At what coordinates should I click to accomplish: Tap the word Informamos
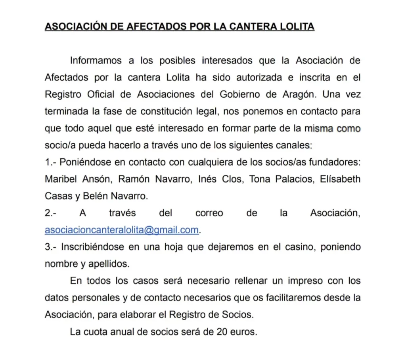coord(96,61)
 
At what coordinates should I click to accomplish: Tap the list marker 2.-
coord(50,213)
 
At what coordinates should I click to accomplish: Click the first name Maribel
coord(60,179)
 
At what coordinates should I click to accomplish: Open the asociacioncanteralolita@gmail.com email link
coord(121,230)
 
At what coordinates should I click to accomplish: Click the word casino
coord(299,247)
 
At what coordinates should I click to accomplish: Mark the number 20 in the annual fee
coord(222,332)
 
